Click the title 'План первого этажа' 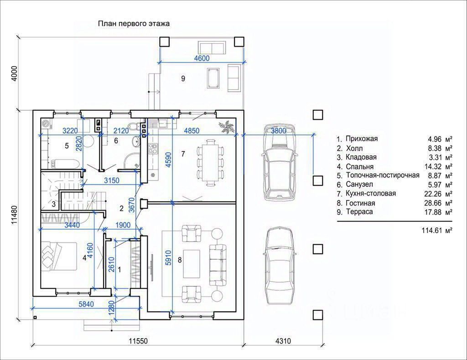134,24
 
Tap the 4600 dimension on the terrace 202,58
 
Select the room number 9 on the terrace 183,78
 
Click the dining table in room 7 211,163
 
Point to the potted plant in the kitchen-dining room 227,126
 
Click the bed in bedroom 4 59,256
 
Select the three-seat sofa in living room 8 218,265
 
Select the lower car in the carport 280,266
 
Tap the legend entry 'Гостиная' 360,203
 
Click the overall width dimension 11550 138,341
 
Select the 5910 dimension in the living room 168,257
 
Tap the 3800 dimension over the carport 279,131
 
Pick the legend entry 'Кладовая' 361,157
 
